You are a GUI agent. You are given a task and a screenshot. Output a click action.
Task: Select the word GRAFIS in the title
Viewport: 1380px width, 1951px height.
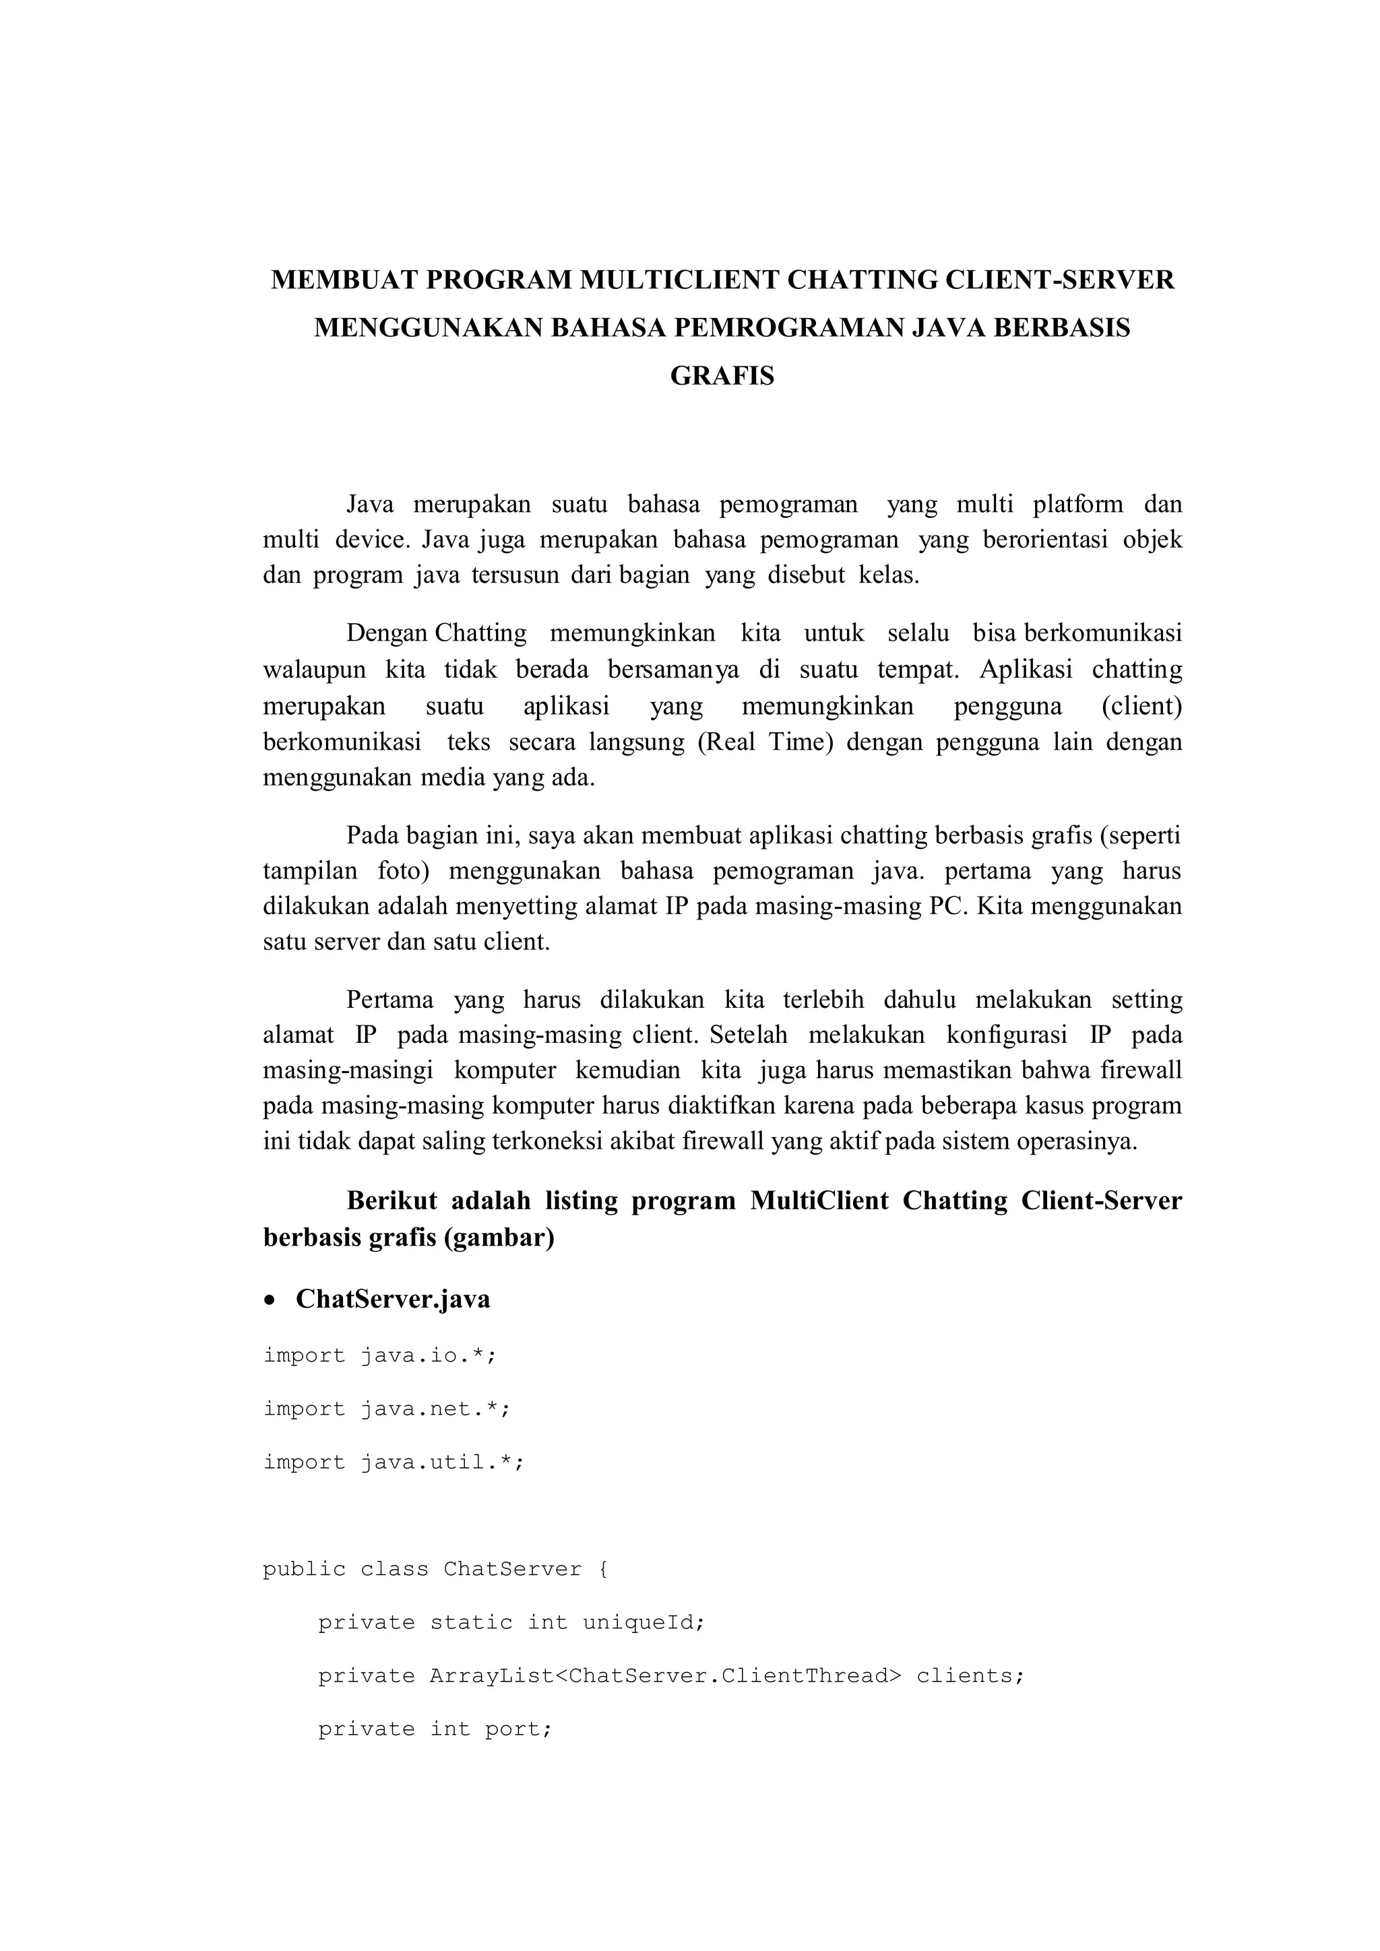722,376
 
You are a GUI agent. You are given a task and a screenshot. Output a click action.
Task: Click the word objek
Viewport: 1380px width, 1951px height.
1152,540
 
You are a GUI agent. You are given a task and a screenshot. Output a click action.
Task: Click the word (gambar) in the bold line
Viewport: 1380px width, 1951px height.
499,1237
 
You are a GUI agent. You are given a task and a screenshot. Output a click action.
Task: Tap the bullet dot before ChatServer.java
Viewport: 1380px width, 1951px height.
270,1301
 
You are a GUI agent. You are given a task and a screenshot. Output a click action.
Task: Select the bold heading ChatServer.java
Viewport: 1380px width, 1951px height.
393,1300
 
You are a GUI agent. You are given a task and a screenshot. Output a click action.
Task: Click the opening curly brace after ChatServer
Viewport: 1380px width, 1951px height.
603,1570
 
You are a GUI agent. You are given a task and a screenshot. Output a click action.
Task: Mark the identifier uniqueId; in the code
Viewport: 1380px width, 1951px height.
644,1623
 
